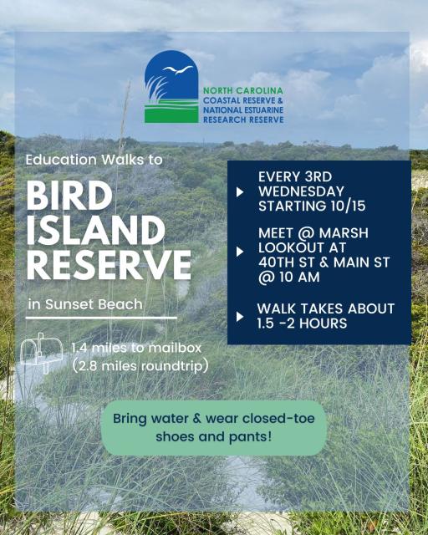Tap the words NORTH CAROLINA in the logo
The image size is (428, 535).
242,89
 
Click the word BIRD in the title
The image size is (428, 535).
69,196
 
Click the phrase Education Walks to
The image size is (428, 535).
94,160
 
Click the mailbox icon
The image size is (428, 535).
41,352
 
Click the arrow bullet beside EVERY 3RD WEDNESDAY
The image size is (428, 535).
241,191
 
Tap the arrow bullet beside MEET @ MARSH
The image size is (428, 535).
241,251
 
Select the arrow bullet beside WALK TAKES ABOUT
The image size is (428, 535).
241,316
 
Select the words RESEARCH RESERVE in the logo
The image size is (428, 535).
242,120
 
